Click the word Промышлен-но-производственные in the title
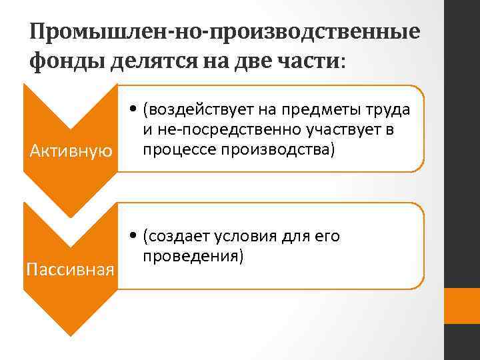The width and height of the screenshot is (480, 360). (x=225, y=31)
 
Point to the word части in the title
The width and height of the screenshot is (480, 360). (x=305, y=62)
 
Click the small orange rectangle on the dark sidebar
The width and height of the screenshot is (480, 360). (x=462, y=305)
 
